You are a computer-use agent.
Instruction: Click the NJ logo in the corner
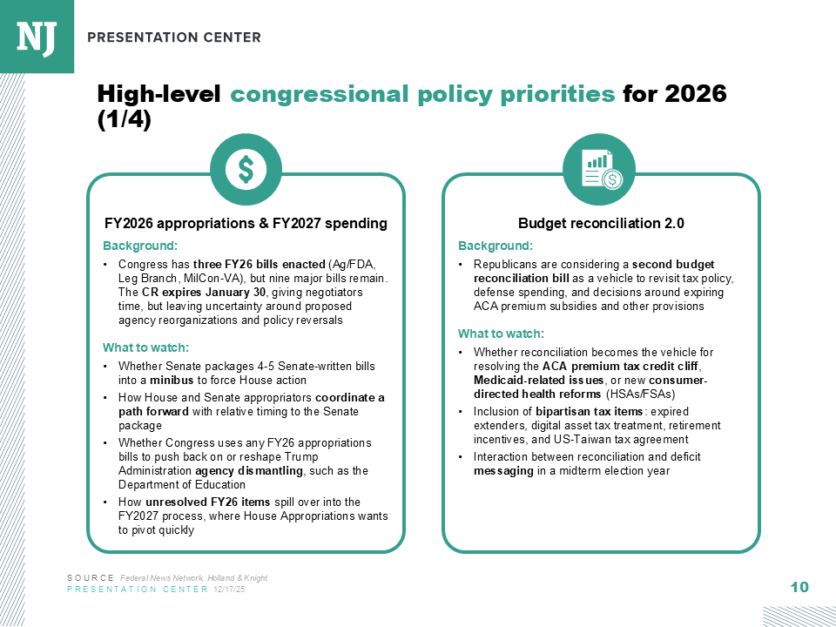coord(37,37)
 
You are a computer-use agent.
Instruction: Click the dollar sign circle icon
coord(246,170)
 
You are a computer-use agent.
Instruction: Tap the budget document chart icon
coord(601,170)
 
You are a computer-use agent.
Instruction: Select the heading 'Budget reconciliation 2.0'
coord(601,224)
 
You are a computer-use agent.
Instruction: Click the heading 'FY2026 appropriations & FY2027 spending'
coord(246,224)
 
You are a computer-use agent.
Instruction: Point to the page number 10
coord(799,588)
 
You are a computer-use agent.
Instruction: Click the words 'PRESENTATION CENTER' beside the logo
coord(174,37)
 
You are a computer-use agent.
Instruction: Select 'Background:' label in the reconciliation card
coord(495,246)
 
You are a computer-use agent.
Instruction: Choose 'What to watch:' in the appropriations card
coord(140,347)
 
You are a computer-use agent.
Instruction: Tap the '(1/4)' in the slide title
coord(124,120)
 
